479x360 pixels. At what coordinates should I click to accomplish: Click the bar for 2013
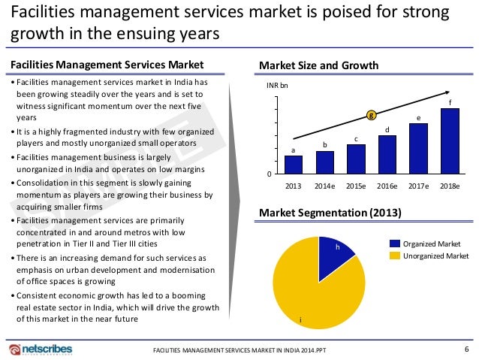click(294, 164)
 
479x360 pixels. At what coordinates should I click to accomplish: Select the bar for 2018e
click(450, 141)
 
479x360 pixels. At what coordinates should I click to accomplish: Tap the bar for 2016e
click(387, 154)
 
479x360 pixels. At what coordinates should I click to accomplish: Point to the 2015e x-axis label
click(356, 185)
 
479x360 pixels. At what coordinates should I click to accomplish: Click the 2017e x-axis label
click(418, 185)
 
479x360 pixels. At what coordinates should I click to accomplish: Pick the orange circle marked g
click(371, 115)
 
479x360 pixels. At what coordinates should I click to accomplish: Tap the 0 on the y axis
click(270, 174)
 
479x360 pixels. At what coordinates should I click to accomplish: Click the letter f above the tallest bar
click(450, 102)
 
